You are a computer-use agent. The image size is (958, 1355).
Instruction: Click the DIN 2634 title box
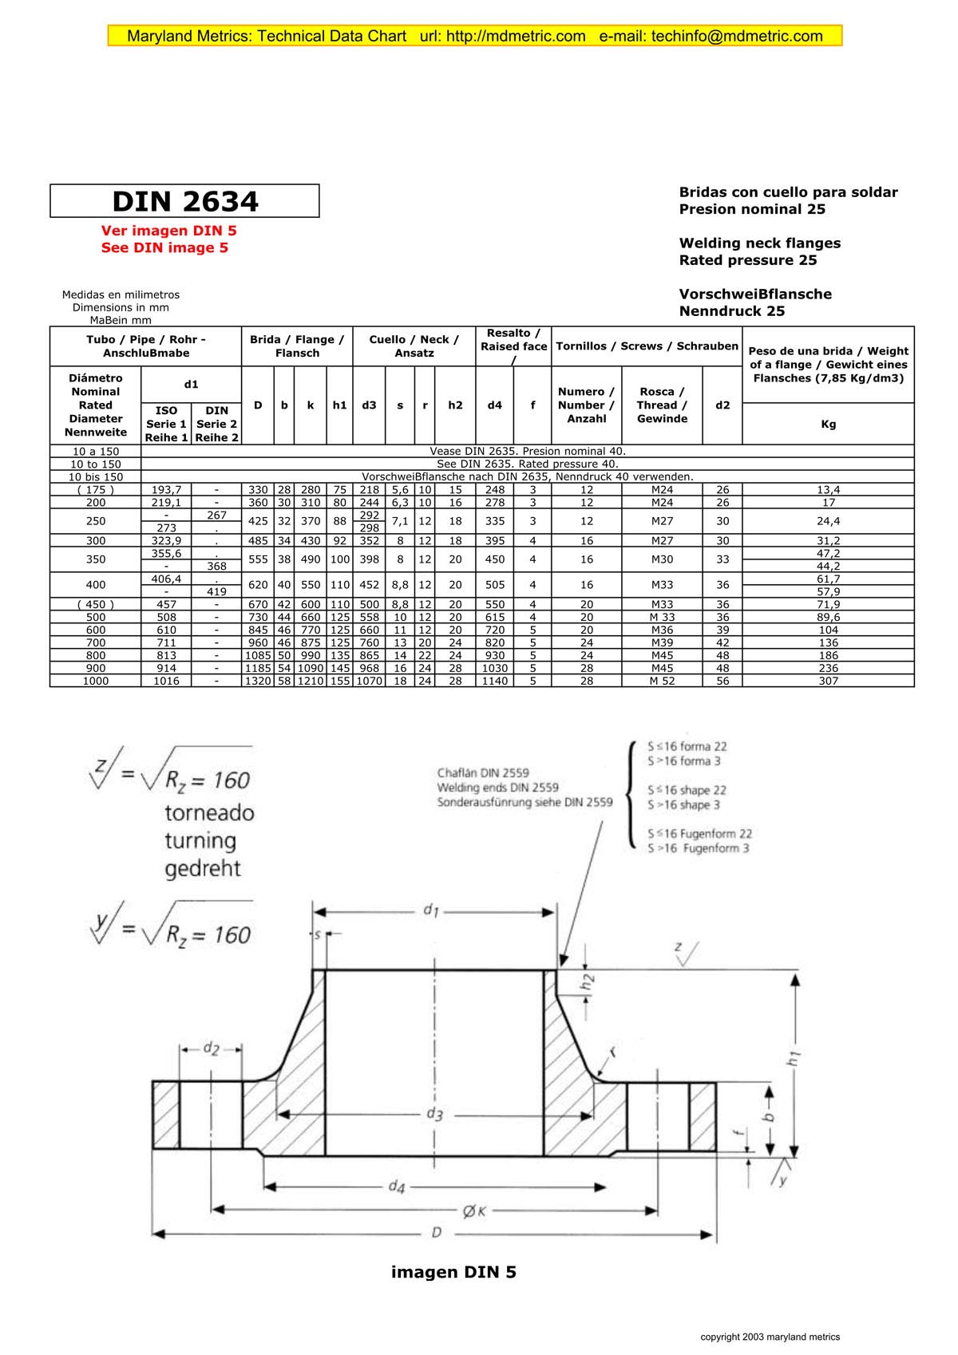(184, 201)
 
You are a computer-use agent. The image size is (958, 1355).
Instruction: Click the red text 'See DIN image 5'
(164, 247)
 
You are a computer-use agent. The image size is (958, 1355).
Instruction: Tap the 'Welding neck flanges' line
(759, 243)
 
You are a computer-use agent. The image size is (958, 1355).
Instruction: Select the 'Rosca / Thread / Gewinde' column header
(662, 405)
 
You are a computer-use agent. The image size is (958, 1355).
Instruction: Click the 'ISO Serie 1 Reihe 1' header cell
(166, 424)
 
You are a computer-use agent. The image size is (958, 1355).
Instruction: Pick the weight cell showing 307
(828, 681)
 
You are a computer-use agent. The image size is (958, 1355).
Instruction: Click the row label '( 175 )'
(95, 489)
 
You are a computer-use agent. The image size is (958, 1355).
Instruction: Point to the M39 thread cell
(662, 642)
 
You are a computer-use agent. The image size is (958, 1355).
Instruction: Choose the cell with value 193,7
(166, 489)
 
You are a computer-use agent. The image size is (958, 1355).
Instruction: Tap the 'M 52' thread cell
(662, 681)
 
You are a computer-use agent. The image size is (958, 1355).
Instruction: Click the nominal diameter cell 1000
(95, 681)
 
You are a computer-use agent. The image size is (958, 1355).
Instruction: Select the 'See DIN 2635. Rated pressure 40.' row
(527, 464)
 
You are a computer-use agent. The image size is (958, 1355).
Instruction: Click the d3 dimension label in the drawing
(434, 1114)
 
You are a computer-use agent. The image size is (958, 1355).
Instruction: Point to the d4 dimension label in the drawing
(397, 1187)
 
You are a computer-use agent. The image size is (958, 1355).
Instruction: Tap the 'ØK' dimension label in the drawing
(474, 1211)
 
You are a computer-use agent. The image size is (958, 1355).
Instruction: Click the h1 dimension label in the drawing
(793, 1059)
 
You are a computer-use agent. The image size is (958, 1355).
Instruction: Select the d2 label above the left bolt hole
(211, 1049)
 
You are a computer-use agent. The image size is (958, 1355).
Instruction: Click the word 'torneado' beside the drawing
(209, 813)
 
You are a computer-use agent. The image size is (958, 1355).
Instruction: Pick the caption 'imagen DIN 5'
(453, 1272)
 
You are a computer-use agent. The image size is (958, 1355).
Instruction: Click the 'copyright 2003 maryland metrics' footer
(770, 1337)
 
